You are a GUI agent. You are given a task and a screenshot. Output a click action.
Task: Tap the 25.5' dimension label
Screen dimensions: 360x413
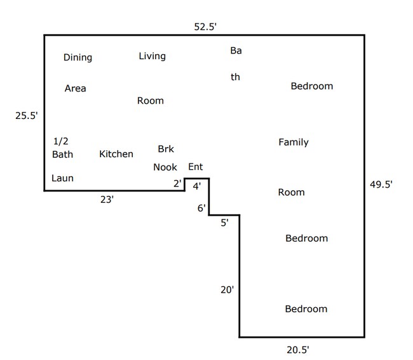[x=27, y=116]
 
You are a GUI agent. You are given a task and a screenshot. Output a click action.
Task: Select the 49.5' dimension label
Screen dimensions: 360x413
[x=381, y=185]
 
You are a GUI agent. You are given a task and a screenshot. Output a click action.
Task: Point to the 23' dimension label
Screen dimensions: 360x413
[x=107, y=200]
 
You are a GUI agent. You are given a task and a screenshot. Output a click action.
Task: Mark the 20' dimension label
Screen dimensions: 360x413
[x=227, y=289]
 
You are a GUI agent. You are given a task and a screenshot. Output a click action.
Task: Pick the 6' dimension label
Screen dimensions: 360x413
[x=201, y=208]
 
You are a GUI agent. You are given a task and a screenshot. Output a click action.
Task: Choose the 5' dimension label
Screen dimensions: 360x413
[x=225, y=223]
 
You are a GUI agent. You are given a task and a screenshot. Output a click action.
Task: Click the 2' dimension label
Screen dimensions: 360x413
[x=177, y=184]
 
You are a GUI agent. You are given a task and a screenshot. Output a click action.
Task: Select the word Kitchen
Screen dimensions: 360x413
[x=116, y=154]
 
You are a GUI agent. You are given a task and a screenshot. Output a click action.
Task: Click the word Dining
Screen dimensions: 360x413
[x=78, y=58]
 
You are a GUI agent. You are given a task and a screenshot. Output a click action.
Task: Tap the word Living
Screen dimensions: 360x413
[x=152, y=57]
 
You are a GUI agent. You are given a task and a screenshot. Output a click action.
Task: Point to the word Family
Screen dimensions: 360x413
[x=293, y=142]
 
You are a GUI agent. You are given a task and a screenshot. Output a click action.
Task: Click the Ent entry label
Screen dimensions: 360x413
[x=195, y=167]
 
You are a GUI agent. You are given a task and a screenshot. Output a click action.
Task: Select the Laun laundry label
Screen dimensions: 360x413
[x=62, y=178]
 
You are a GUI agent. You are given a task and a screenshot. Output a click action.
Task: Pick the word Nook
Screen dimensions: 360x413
[x=165, y=168]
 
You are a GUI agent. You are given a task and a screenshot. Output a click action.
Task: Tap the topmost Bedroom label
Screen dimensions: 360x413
[x=311, y=87]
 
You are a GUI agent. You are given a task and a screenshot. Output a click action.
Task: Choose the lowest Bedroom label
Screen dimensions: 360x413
[x=306, y=309]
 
